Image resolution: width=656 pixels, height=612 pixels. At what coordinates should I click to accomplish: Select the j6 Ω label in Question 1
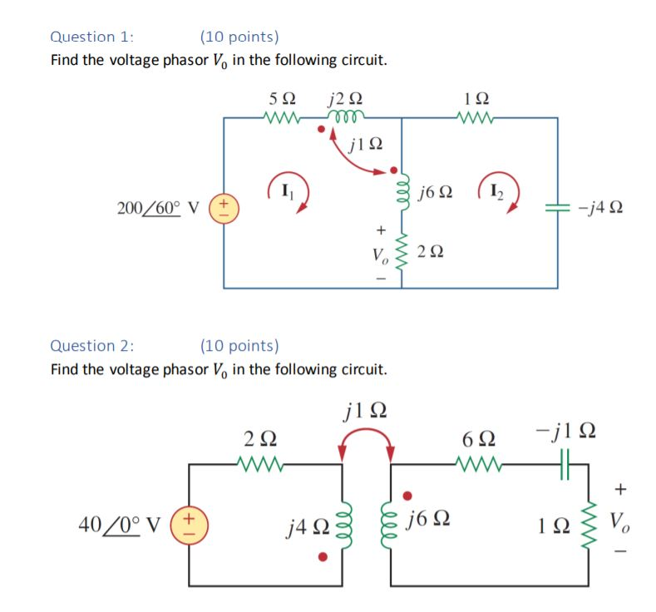[437, 193]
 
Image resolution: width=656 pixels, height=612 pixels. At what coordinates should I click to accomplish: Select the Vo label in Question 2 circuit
[619, 523]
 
